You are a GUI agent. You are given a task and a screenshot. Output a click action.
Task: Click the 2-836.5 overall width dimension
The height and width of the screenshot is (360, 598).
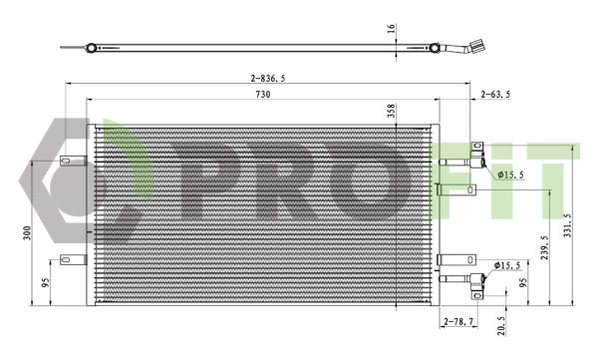[x=268, y=77]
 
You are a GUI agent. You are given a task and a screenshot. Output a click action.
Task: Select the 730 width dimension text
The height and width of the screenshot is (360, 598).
[x=262, y=94]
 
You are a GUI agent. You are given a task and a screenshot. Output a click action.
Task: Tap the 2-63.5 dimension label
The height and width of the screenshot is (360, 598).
[x=495, y=94]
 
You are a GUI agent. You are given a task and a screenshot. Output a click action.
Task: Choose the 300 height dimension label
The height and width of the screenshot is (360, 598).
[x=28, y=232]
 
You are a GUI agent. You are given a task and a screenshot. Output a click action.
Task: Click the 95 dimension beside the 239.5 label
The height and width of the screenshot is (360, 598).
[x=524, y=282]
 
